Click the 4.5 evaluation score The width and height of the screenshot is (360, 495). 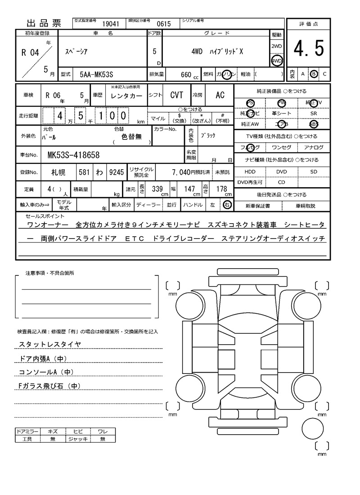pos(309,49)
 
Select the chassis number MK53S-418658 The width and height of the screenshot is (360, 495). pos(73,155)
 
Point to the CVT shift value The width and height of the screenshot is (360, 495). pos(176,95)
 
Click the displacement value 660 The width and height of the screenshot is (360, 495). pos(186,74)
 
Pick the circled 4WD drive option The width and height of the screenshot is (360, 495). pos(276,61)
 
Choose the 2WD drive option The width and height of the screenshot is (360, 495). pos(276,46)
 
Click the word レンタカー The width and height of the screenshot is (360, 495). pos(126,95)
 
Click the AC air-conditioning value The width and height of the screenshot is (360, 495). pos(220,95)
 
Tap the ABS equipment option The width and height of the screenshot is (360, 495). pos(314,124)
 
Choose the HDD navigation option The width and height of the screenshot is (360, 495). pos(250,171)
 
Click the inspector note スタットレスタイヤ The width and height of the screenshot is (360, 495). pos(50,344)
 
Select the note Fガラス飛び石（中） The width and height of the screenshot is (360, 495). pos(49,386)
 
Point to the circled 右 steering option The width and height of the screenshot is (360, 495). pos(227,205)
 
